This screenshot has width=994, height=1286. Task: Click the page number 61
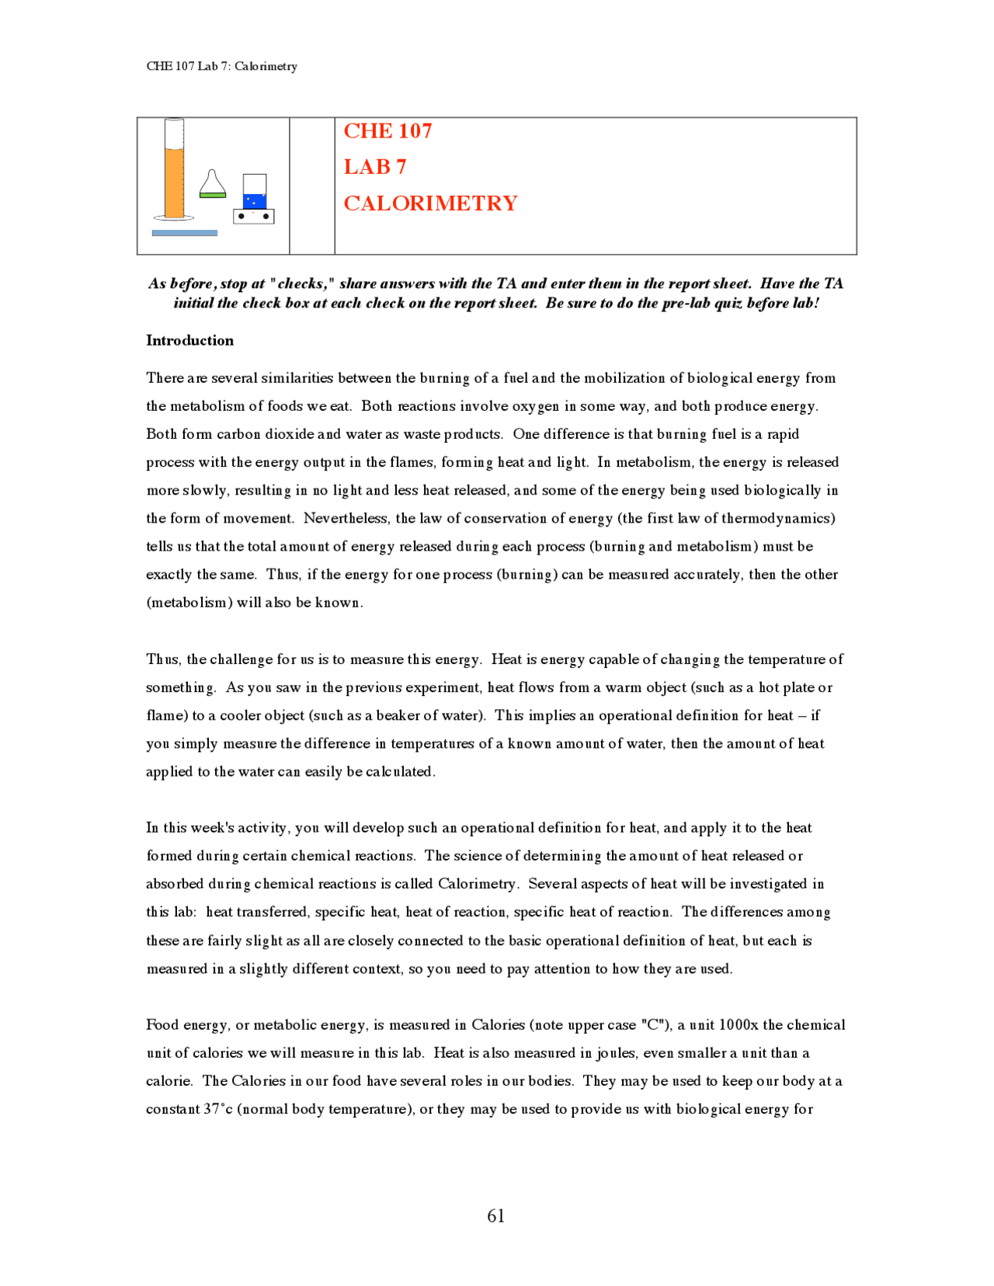pos(495,1216)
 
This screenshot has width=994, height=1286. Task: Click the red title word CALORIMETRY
pos(430,203)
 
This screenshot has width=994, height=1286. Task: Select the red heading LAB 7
pos(374,167)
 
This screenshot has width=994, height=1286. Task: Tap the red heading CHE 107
pos(388,131)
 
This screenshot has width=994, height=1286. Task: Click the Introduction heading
pos(189,340)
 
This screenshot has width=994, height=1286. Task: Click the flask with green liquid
pos(212,185)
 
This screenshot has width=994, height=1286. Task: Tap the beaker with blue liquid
pos(254,192)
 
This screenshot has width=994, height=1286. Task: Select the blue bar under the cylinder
pos(184,233)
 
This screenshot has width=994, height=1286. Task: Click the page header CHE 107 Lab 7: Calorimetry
pos(221,66)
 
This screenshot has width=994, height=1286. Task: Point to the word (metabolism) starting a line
pos(189,603)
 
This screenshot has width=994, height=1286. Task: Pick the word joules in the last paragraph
pos(617,1053)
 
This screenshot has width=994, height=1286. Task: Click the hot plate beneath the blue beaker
pos(253,216)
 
